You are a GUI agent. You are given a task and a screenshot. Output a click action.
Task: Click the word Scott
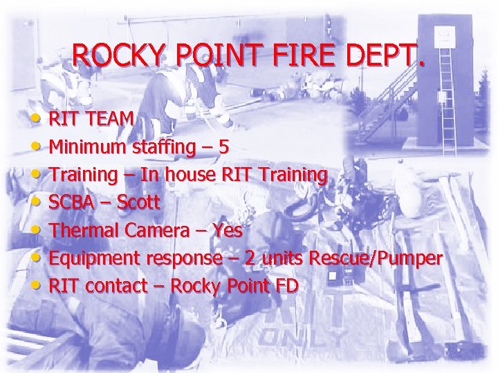coord(138,202)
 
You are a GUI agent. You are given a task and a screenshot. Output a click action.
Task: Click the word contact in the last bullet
coord(113,286)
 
